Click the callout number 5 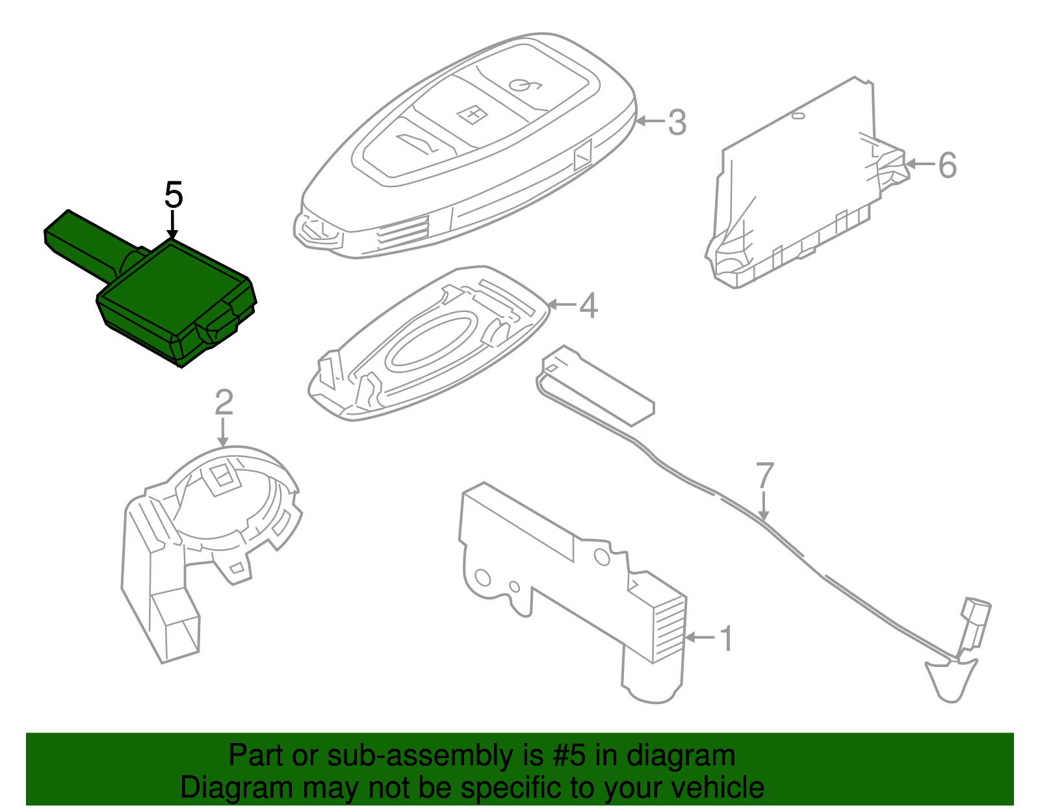(174, 194)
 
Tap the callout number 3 (677, 122)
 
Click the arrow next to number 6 (920, 164)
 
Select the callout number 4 (588, 305)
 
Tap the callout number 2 (224, 402)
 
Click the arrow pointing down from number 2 (223, 432)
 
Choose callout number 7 (765, 476)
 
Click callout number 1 (727, 638)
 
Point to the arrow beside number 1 (701, 638)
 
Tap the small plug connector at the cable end (975, 622)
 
